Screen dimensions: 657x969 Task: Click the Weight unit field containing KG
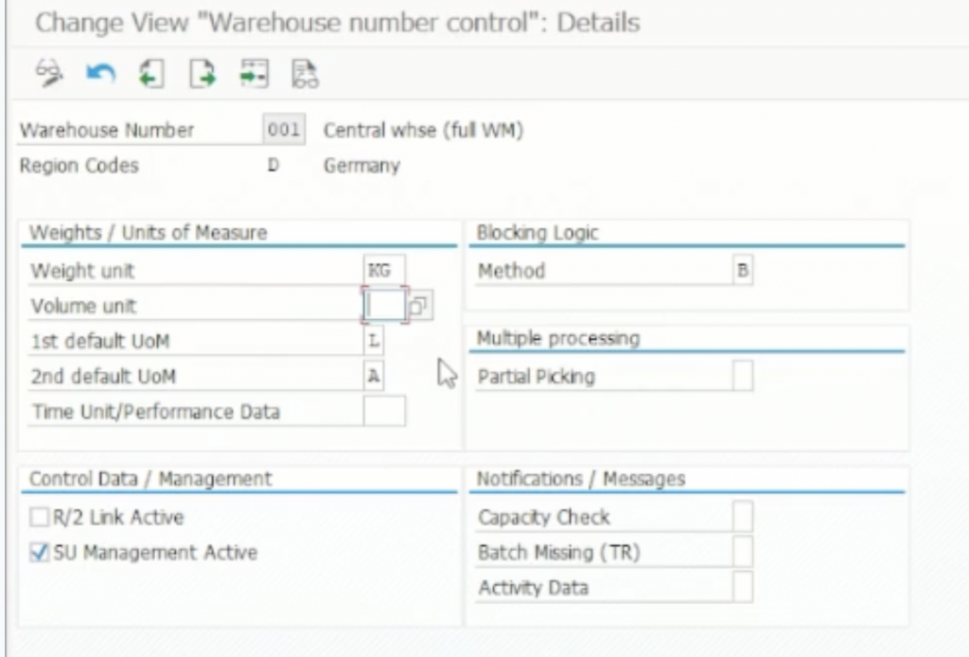[384, 271]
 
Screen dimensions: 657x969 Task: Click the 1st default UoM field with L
[374, 341]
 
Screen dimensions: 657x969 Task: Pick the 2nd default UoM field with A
[374, 376]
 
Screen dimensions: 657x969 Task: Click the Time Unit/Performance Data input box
[384, 412]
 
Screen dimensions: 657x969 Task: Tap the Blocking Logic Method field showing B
[744, 271]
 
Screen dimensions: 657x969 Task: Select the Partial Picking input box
[744, 377]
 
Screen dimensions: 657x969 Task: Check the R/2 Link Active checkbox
[39, 518]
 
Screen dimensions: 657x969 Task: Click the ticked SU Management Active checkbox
[39, 553]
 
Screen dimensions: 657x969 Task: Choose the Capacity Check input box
[744, 518]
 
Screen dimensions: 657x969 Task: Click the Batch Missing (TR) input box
[744, 553]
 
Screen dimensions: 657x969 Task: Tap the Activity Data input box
[744, 588]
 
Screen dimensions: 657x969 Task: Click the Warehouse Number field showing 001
[283, 131]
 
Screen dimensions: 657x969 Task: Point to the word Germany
[361, 166]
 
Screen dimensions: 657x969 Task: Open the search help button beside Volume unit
[420, 306]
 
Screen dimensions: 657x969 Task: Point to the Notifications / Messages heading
[581, 479]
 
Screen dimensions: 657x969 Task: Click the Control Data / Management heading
[150, 479]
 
